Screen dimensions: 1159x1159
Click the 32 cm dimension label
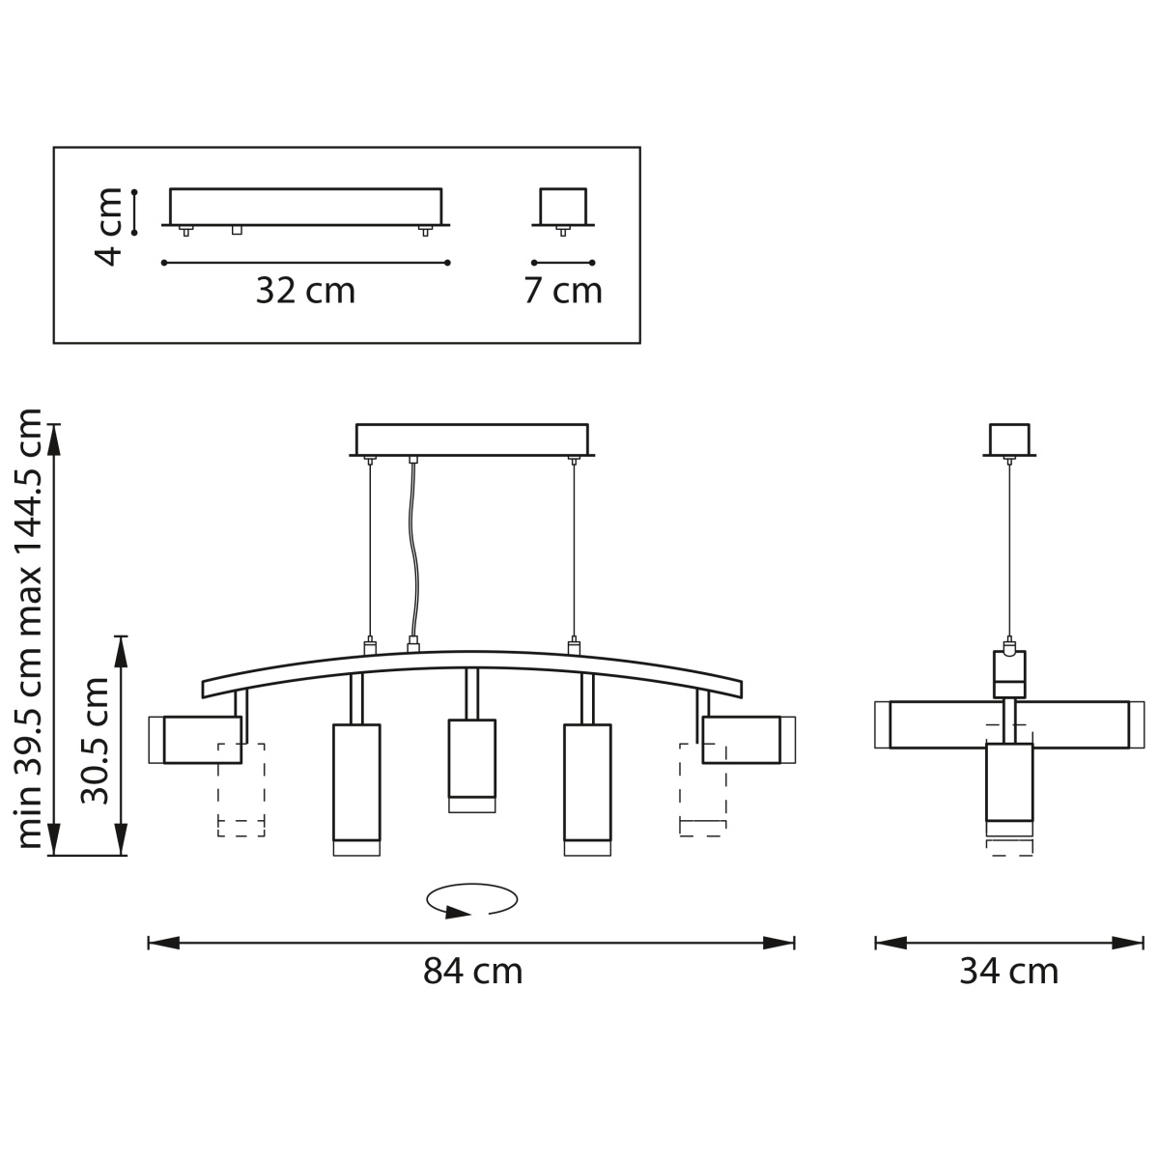305,291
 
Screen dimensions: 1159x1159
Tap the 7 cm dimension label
563,291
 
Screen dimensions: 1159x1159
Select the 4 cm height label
109,227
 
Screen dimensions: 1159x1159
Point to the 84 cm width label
472,971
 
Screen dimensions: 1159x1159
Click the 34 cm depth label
1008,971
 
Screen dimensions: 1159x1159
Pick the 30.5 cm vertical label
95,741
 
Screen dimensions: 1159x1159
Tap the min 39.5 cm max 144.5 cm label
29,629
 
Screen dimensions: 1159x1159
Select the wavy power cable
413,550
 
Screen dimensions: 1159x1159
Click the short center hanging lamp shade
472,766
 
